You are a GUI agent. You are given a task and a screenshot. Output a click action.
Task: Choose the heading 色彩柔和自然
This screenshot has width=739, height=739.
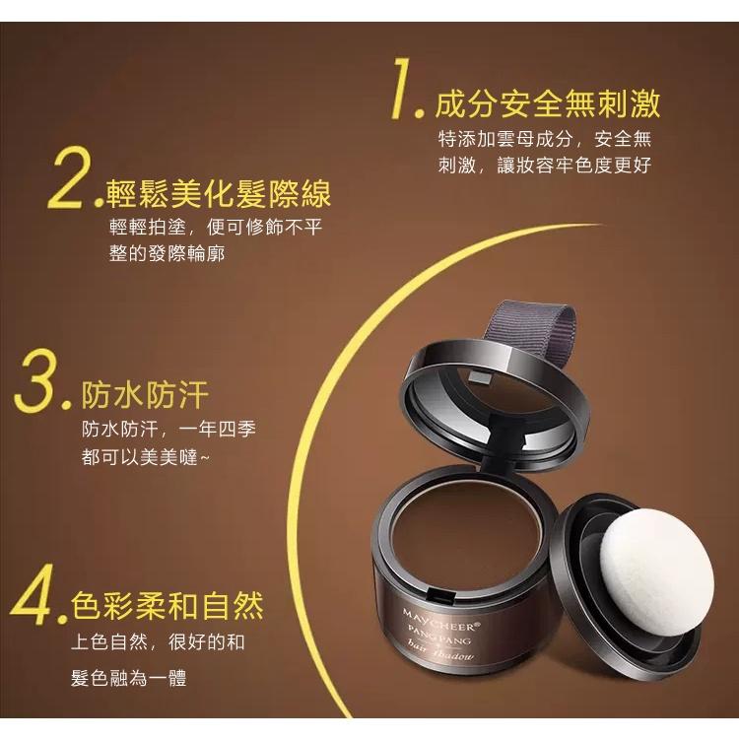click(x=168, y=603)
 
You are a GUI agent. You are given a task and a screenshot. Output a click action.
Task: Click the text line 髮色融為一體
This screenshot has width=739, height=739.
click(x=129, y=678)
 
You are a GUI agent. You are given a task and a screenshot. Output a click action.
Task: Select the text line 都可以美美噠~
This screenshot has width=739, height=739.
click(x=148, y=458)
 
